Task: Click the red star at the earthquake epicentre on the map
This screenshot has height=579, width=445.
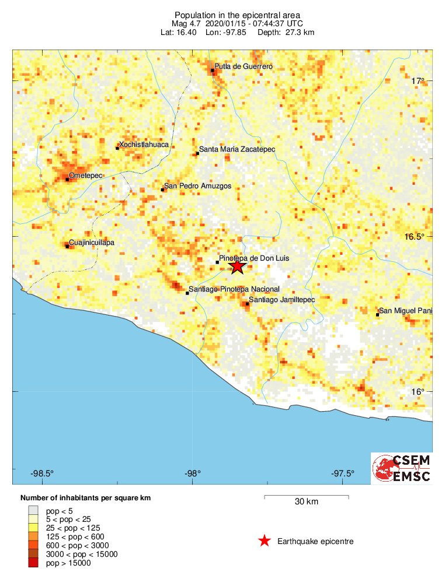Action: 237,266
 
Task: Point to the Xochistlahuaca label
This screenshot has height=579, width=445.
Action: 144,144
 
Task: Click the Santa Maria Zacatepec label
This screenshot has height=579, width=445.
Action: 237,150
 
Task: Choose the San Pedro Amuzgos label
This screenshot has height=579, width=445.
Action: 197,186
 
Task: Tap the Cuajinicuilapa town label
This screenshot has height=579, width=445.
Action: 92,242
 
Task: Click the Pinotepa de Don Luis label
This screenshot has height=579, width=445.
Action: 254,258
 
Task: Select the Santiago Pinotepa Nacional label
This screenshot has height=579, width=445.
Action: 234,289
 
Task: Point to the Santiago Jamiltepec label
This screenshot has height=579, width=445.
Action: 282,299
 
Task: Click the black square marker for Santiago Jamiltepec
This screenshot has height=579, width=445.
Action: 248,303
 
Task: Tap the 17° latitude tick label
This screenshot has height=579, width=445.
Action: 417,80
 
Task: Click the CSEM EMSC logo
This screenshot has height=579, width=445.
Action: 402,468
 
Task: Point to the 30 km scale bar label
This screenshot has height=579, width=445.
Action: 307,501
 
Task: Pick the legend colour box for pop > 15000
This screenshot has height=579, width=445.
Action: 33,563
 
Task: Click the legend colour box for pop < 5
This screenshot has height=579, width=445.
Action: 33,510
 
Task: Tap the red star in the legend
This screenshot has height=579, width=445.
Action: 265,541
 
